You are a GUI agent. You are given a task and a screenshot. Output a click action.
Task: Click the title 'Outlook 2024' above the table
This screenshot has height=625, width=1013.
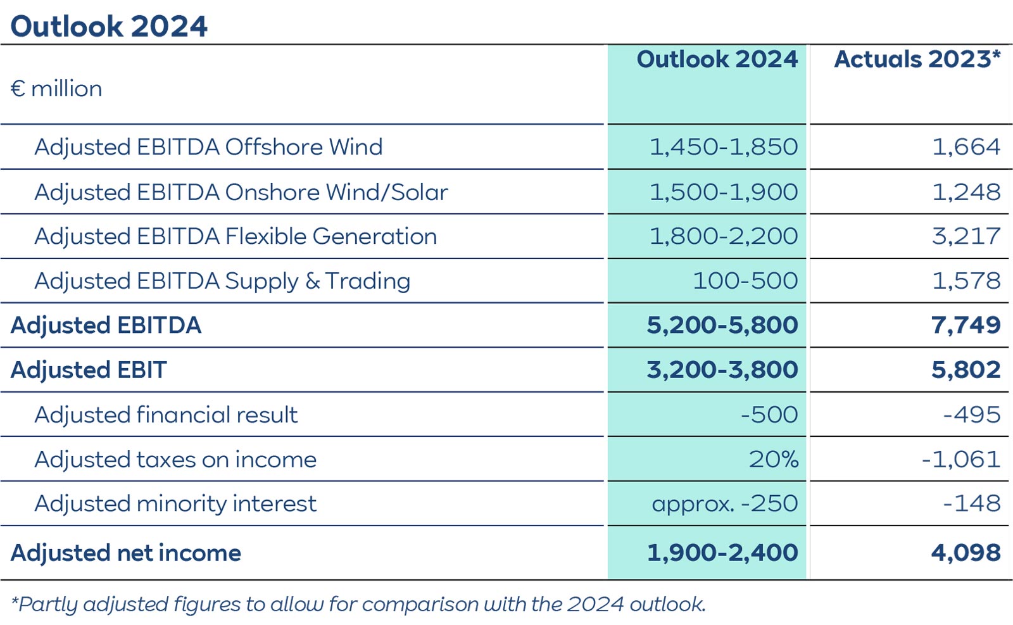point(109,27)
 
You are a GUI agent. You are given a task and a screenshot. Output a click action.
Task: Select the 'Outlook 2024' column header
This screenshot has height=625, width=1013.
point(717,60)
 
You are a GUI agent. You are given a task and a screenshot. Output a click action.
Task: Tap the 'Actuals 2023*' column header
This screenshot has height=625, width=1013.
point(917,60)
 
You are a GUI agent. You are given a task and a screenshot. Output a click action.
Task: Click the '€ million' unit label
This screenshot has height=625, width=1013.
point(56,89)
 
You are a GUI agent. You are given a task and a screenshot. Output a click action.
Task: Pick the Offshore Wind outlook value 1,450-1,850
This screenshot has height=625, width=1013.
point(723,147)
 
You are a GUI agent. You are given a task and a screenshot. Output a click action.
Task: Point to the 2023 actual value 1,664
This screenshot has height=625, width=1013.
point(966,147)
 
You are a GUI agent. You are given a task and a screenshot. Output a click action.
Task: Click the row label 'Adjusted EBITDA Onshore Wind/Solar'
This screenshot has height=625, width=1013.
point(241,192)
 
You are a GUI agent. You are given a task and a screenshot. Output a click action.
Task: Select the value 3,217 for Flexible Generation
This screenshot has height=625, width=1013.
point(966,236)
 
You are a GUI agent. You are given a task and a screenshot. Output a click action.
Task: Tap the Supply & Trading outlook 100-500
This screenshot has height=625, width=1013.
point(745,281)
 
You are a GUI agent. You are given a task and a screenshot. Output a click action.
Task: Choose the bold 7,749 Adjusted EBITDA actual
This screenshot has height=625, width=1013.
point(966,325)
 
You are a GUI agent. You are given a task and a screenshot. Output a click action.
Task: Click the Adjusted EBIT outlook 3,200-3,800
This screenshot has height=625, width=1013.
point(722,370)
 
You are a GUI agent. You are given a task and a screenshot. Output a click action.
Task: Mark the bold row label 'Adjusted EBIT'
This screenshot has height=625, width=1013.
point(89,370)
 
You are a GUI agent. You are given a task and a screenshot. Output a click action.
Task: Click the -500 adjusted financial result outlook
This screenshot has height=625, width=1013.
point(769,415)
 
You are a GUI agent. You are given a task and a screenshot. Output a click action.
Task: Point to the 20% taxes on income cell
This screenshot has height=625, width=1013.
point(773,459)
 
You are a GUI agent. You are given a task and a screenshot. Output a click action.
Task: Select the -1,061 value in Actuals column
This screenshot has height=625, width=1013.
point(960,459)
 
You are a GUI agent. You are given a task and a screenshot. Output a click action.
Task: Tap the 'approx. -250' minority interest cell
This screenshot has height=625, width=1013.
point(724,504)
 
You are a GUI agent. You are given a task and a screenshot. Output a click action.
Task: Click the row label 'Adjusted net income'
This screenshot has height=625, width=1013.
point(125,553)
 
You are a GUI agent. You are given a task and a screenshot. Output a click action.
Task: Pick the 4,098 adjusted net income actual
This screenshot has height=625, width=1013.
point(966,553)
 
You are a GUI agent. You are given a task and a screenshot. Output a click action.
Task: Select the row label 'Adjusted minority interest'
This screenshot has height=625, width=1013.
point(175,504)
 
